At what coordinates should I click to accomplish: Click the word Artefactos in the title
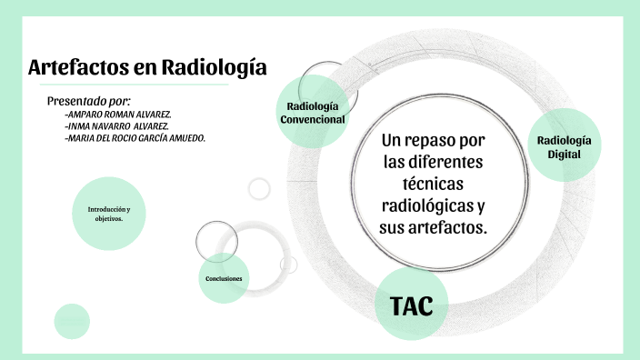(82, 67)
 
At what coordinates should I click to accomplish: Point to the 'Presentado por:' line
(89, 100)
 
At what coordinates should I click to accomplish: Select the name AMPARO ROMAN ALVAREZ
(118, 114)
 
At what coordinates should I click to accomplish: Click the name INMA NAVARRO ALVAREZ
(117, 125)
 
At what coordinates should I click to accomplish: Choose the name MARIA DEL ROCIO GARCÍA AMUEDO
(135, 138)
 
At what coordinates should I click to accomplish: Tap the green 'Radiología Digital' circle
(564, 147)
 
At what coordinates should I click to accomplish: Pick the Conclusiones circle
(224, 277)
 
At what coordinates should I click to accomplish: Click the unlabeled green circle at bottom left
(72, 321)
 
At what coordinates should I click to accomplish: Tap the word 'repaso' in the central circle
(446, 142)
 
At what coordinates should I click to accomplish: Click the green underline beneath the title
(127, 85)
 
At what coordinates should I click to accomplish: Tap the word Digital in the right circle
(564, 155)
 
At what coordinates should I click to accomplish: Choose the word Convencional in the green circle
(313, 119)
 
